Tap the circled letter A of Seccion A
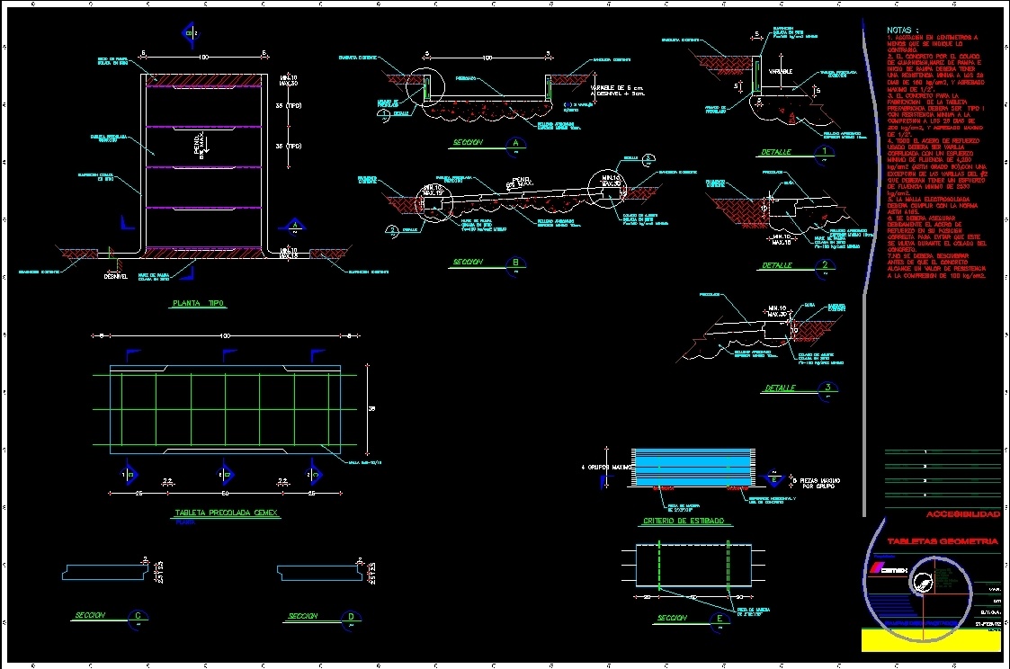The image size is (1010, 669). (515, 142)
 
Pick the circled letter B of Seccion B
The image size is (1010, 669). (515, 263)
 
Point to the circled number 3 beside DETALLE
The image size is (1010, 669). (827, 388)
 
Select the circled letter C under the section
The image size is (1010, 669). (138, 616)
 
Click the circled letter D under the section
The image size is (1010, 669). (349, 616)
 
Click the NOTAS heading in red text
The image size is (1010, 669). (902, 30)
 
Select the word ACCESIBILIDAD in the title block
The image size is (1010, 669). (962, 514)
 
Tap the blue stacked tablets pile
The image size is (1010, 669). (692, 465)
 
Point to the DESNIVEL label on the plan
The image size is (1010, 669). (116, 276)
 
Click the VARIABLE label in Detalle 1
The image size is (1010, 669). (782, 69)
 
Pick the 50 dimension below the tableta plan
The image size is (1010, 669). (226, 493)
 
